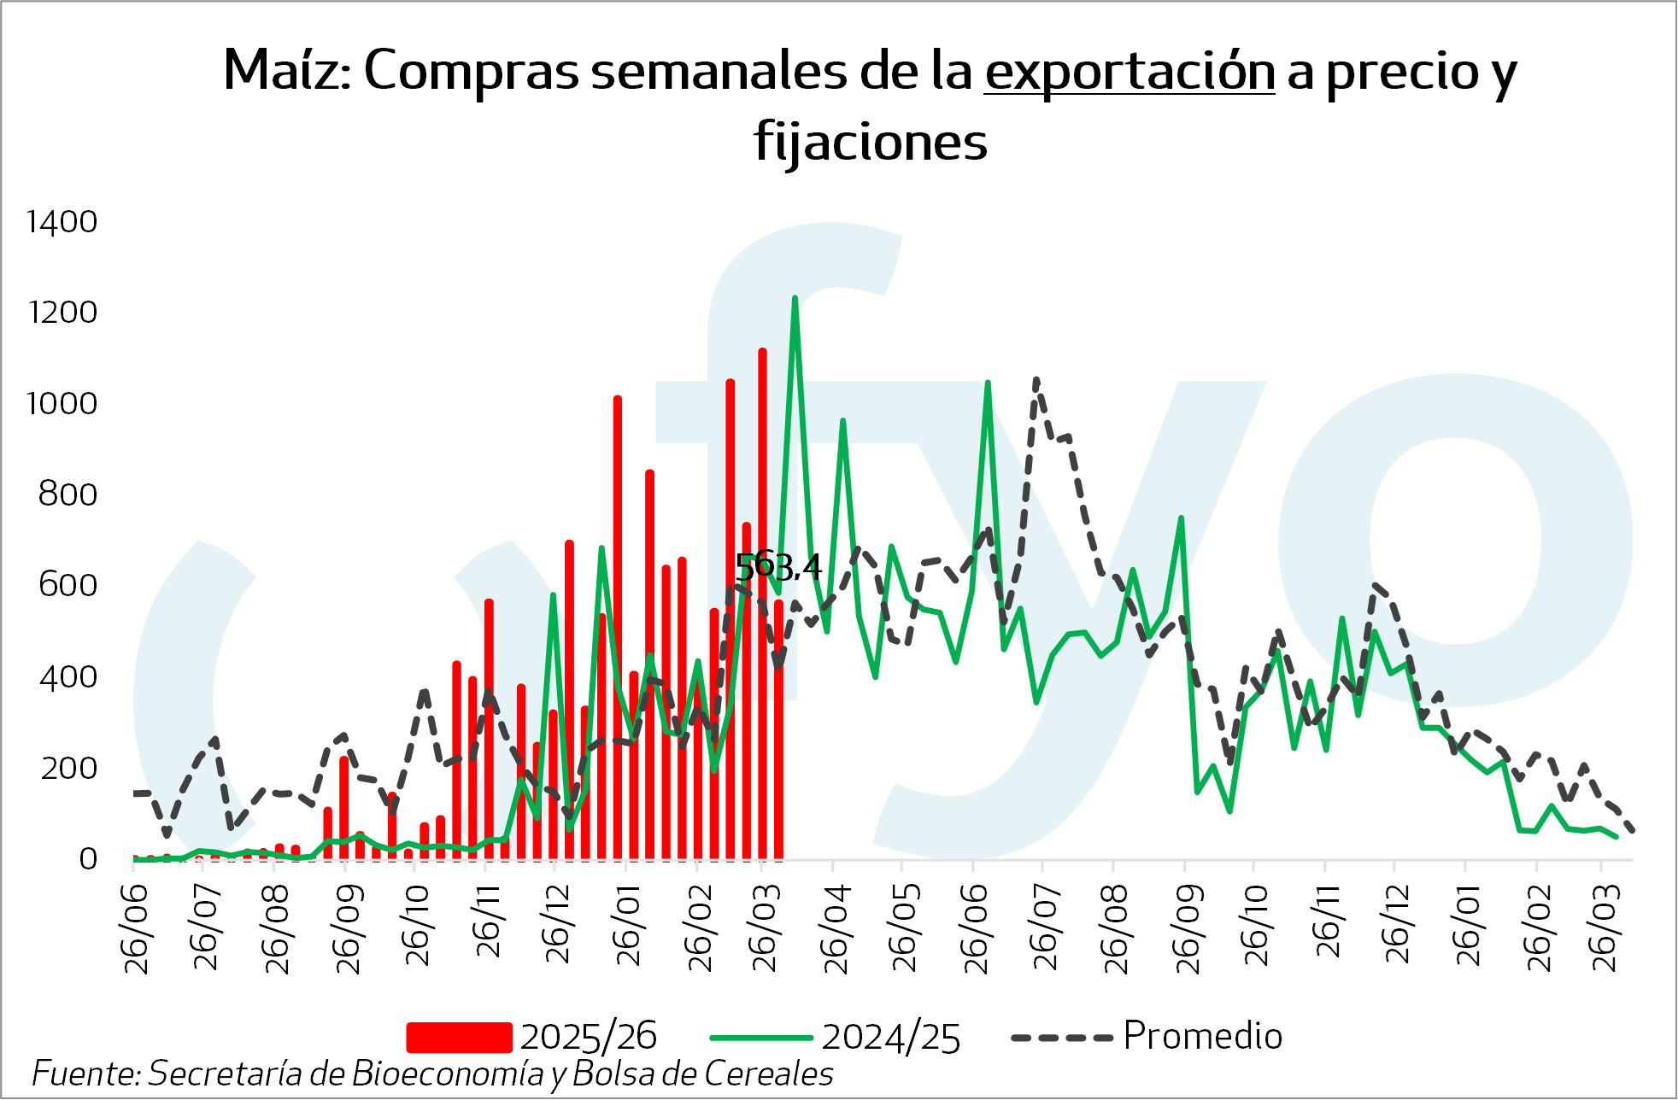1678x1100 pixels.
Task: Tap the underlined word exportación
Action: tap(1129, 72)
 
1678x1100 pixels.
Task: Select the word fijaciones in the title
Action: tap(870, 142)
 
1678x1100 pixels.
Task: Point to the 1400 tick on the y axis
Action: tap(62, 222)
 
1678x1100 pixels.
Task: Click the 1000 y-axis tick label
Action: tap(62, 403)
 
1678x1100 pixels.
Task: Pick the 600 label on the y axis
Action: tap(67, 585)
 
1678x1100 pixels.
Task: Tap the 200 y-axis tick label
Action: tap(68, 768)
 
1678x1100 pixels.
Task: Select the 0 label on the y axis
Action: tap(88, 858)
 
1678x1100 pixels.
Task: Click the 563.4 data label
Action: tap(778, 566)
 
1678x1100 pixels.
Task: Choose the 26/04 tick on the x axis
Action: tap(836, 929)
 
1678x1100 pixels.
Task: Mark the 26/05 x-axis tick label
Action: tap(905, 929)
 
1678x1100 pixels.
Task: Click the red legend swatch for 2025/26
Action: tap(459, 1037)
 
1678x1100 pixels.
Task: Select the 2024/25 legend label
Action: tap(891, 1038)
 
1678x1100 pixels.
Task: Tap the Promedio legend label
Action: tap(1202, 1036)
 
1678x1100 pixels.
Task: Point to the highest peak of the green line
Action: tap(795, 299)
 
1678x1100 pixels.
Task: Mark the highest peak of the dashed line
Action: tap(1036, 380)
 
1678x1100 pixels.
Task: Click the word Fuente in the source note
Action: tap(85, 1074)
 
